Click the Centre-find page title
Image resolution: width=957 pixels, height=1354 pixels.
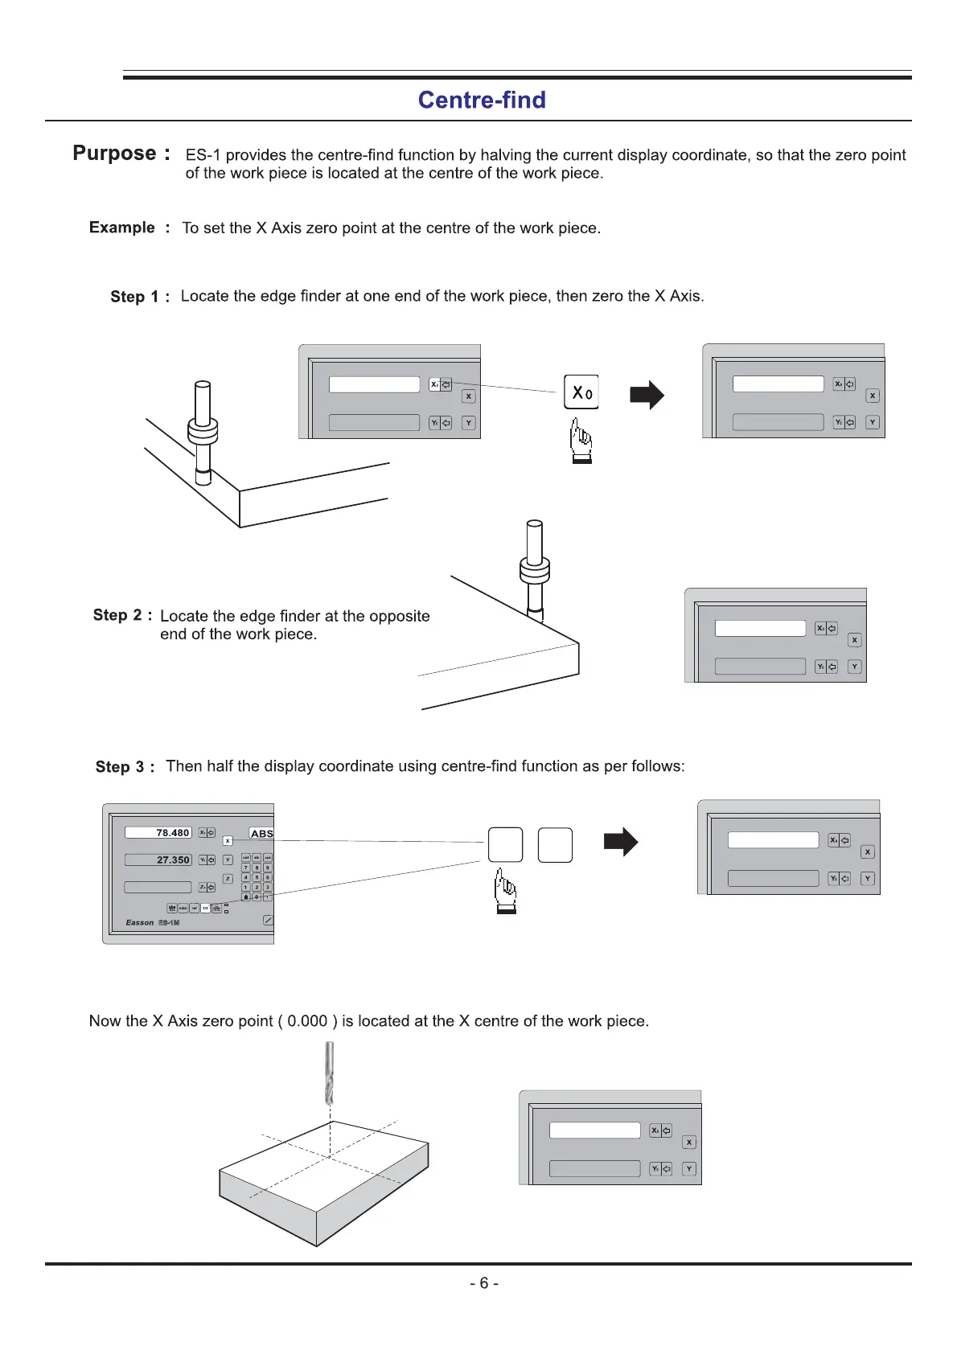point(482,100)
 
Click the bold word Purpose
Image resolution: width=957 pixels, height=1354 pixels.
point(114,153)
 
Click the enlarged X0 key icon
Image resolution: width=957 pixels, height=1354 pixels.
point(581,392)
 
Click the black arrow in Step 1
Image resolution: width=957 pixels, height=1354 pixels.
point(647,395)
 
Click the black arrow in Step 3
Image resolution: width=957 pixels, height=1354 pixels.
point(620,842)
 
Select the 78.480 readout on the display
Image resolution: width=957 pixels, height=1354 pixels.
point(172,833)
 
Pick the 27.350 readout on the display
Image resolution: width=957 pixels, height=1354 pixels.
point(172,860)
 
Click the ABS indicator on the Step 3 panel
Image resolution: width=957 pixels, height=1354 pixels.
point(261,834)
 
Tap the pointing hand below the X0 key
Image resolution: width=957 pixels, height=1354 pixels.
point(581,442)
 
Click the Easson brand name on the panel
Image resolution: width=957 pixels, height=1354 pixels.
point(140,922)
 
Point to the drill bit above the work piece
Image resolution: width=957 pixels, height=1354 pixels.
point(329,1073)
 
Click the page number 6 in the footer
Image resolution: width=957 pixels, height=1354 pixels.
point(484,1283)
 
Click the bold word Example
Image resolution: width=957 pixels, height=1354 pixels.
point(122,228)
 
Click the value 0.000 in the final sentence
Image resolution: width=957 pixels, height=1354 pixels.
point(307,1021)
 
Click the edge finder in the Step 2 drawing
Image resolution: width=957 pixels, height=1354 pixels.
point(535,571)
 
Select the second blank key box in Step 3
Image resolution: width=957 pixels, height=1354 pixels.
point(555,845)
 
